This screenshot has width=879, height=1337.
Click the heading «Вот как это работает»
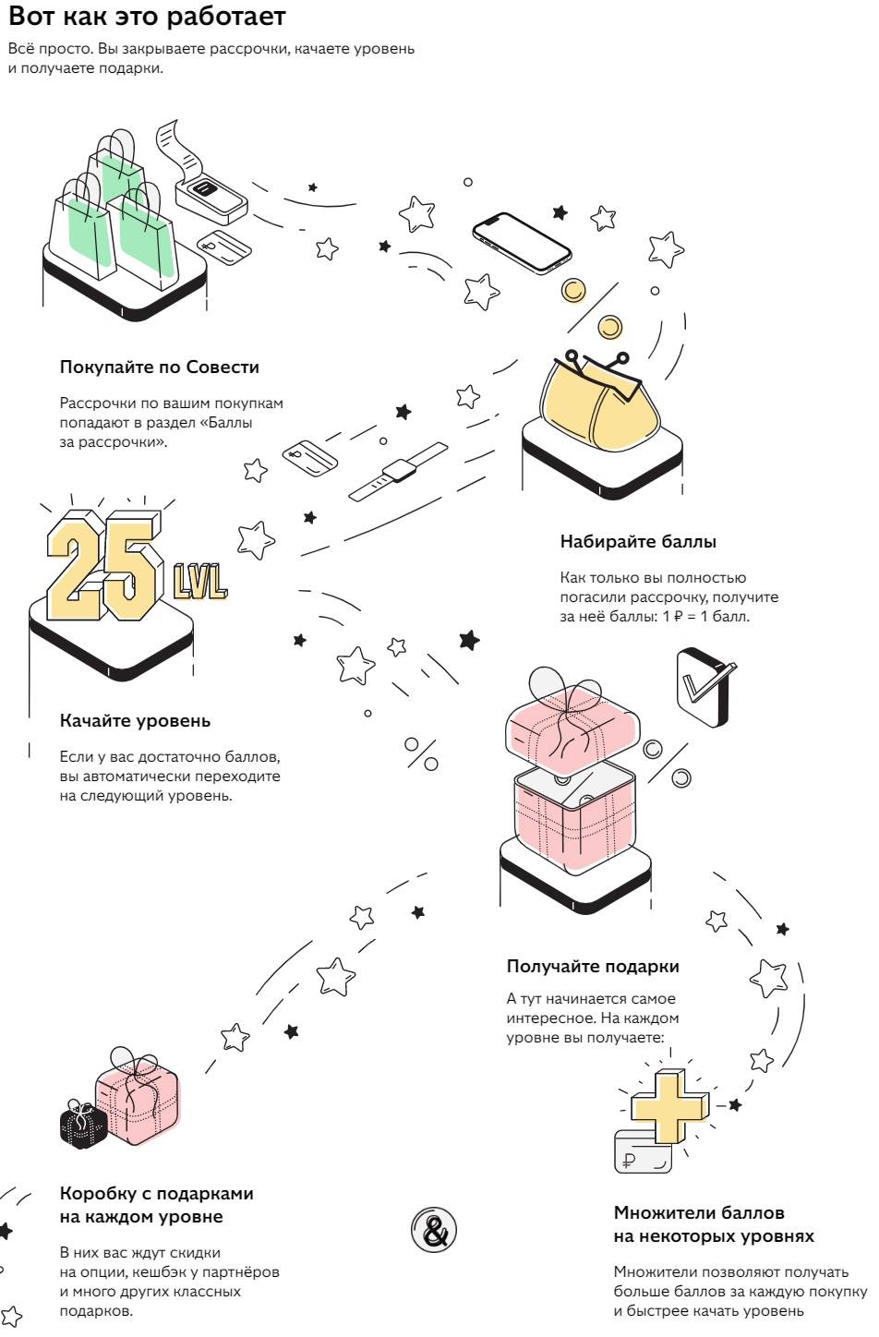147,17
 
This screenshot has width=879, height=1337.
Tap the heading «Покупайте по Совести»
160,367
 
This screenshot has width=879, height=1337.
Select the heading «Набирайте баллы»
638,541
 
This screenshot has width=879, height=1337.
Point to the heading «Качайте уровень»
135,721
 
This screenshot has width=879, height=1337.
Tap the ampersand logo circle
435,1230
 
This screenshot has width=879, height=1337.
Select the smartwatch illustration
398,472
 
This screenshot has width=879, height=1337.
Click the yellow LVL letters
200,581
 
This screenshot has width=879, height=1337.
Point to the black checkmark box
704,687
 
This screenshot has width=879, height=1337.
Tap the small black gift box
83,1124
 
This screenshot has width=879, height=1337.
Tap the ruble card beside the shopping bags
224,247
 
